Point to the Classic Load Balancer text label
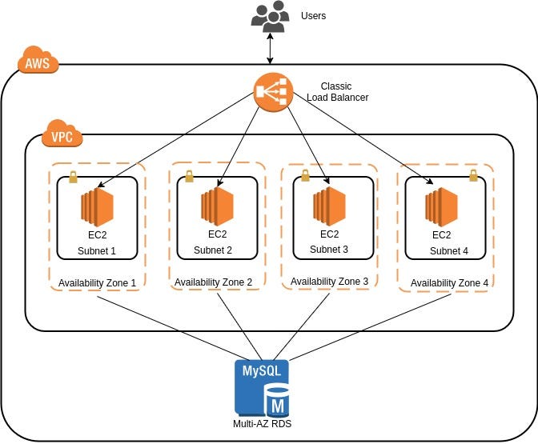click(x=335, y=91)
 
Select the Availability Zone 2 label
click(x=213, y=282)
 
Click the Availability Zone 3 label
click(x=329, y=282)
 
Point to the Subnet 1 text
click(x=97, y=251)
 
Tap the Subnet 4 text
click(x=449, y=251)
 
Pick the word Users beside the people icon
click(x=313, y=16)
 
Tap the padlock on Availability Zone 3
click(x=304, y=174)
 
